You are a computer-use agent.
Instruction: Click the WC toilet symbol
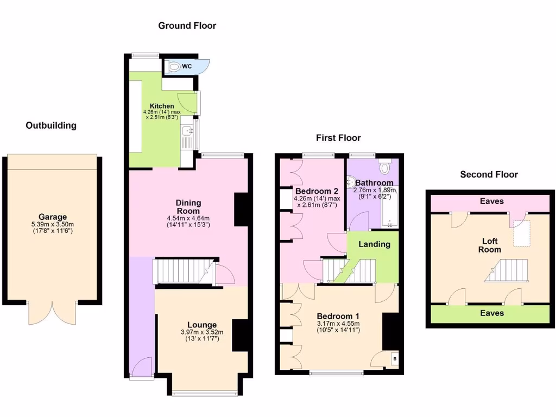pyautogui.click(x=174, y=67)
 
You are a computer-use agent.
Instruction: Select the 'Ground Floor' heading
pyautogui.click(x=187, y=26)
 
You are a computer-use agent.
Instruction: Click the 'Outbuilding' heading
pyautogui.click(x=51, y=125)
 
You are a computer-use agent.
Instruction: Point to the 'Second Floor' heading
pyautogui.click(x=489, y=174)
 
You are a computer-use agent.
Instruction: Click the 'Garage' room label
pyautogui.click(x=52, y=217)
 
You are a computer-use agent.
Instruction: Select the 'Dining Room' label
pyautogui.click(x=188, y=207)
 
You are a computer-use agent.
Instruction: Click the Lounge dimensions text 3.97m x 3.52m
pyautogui.click(x=202, y=333)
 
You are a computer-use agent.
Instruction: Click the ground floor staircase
pyautogui.click(x=182, y=271)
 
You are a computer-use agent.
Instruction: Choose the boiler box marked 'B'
pyautogui.click(x=394, y=359)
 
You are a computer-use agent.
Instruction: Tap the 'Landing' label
pyautogui.click(x=374, y=244)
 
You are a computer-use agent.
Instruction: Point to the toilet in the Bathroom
pyautogui.click(x=386, y=166)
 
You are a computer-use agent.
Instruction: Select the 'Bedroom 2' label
pyautogui.click(x=317, y=191)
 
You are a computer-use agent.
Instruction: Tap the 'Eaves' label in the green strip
pyautogui.click(x=492, y=313)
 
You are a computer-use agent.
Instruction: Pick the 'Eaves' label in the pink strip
pyautogui.click(x=492, y=201)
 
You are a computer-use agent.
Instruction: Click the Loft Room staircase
pyautogui.click(x=507, y=270)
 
